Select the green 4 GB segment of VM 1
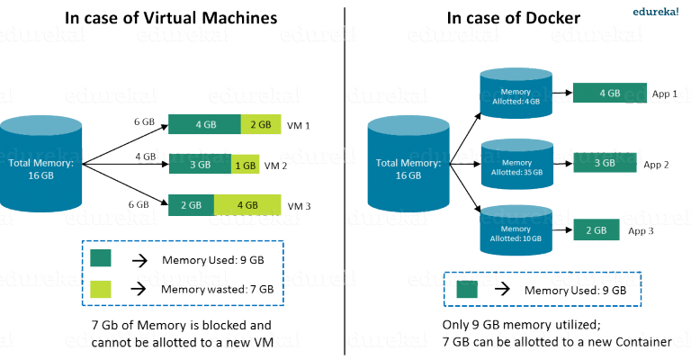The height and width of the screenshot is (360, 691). (204, 124)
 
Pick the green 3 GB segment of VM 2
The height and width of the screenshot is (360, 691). (200, 166)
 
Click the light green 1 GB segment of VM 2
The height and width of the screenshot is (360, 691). (247, 166)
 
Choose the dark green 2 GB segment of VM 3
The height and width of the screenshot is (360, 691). (191, 205)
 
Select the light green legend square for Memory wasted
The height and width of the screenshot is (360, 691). (102, 289)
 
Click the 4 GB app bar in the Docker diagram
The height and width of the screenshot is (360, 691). (609, 93)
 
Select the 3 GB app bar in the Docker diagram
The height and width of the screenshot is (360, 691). (605, 163)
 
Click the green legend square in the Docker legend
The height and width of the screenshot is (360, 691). (467, 290)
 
